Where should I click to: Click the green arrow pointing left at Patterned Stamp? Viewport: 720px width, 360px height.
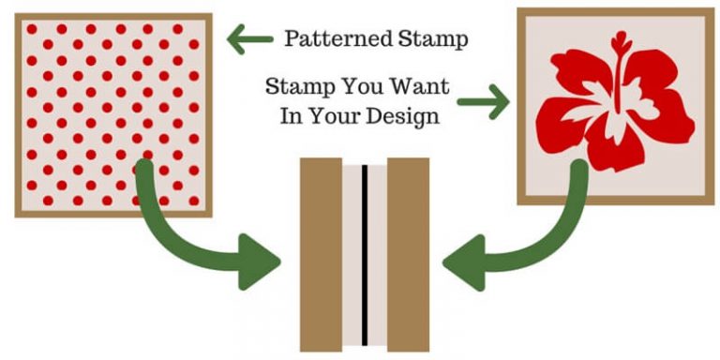pos(248,39)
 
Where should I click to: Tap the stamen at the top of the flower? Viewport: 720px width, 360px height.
pos(619,44)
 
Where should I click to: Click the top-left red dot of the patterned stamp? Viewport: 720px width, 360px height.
pos(32,29)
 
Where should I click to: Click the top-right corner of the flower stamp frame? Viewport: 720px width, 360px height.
pos(712,10)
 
